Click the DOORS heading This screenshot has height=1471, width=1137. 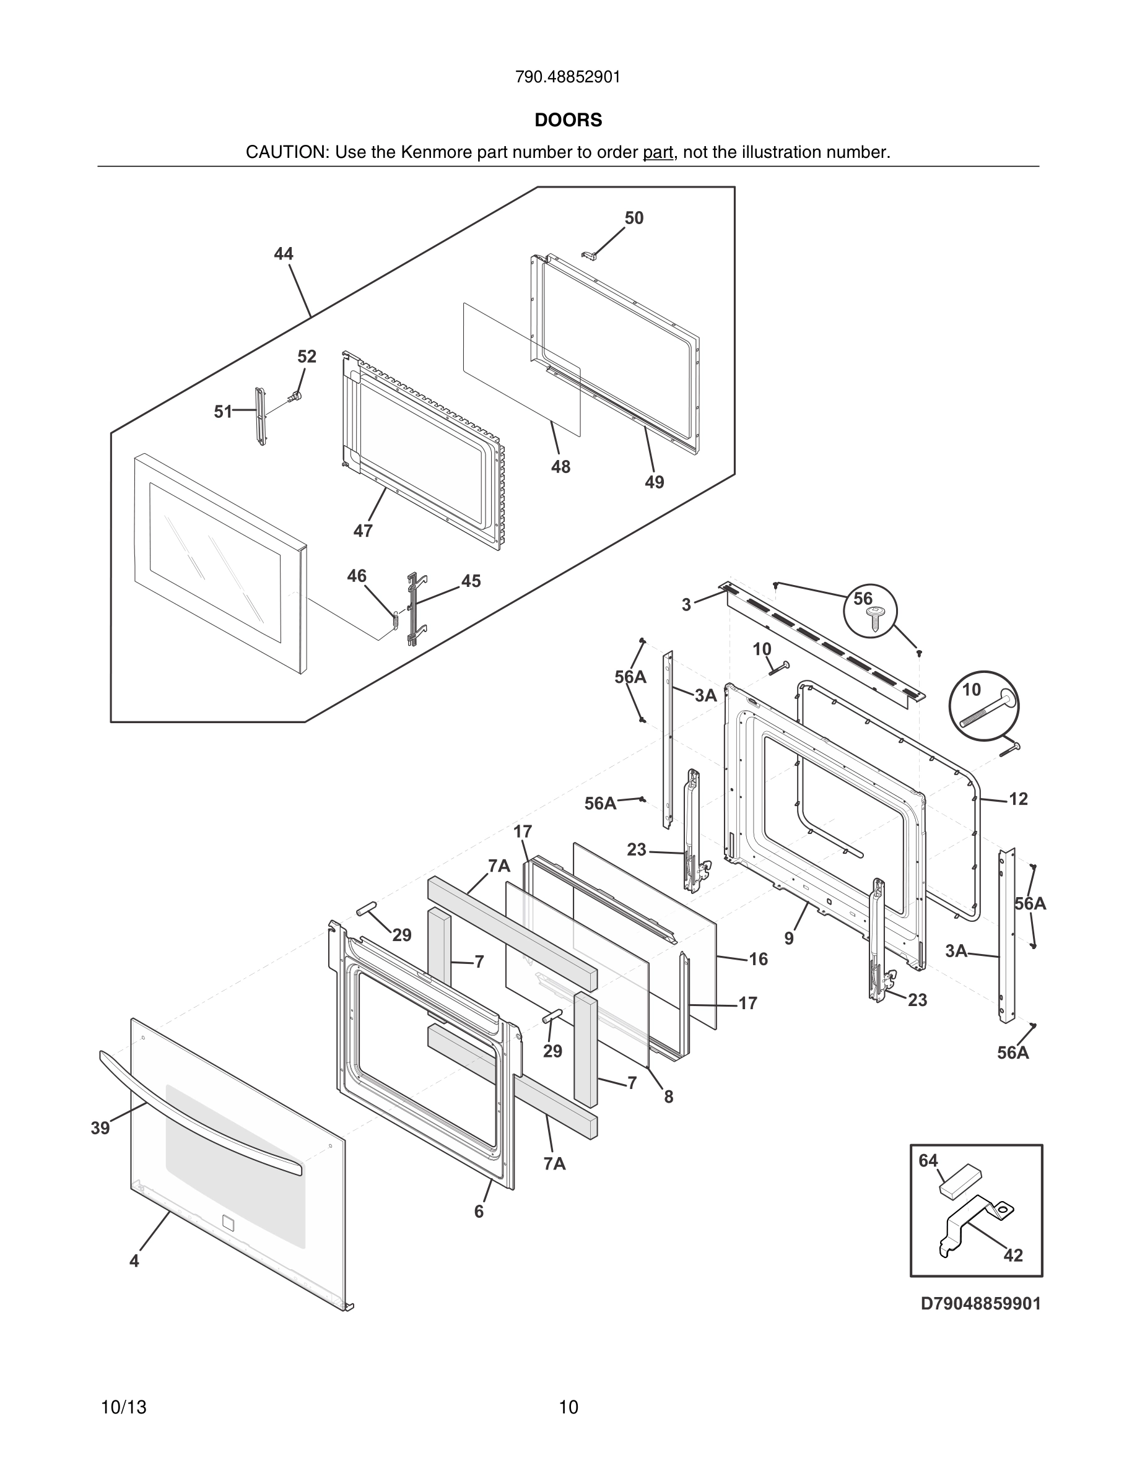coord(568,120)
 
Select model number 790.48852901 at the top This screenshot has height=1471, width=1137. coord(568,77)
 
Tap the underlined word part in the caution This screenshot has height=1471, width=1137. coord(658,153)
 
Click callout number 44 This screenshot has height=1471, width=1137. coord(284,254)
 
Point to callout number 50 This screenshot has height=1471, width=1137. coord(634,218)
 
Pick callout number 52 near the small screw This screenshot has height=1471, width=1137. coord(307,357)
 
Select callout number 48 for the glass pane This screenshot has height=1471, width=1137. coord(560,467)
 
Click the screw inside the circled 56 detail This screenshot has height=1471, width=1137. coord(875,617)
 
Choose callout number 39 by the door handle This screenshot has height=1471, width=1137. coord(100,1128)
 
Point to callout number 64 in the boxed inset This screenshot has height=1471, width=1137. coord(928,1160)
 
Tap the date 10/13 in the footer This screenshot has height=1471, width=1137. coord(123,1407)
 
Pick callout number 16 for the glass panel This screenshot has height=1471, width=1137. coord(759,959)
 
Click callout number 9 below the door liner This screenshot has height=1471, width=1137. coord(789,938)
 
